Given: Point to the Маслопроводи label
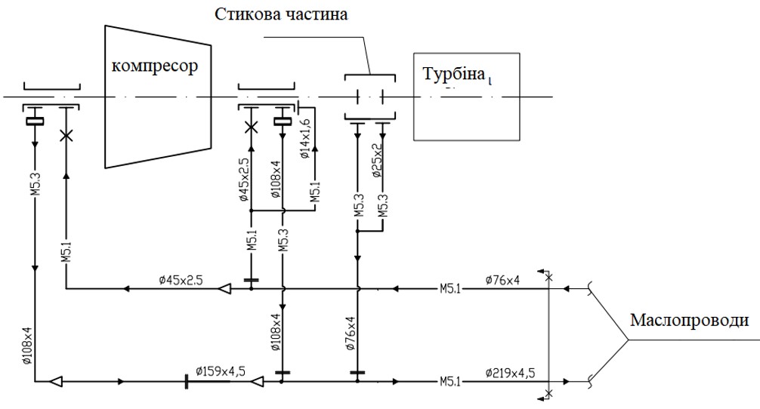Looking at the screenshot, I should click(689, 321).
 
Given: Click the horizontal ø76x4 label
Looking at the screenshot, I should click(504, 280).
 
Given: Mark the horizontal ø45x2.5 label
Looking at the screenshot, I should click(182, 280).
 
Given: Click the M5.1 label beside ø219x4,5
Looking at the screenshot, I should click(450, 382).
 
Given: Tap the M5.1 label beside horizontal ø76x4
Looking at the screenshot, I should click(451, 288).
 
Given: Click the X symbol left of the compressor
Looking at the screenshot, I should click(66, 136).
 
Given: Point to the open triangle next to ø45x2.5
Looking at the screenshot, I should click(224, 288).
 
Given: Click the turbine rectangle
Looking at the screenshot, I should click(467, 113).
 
